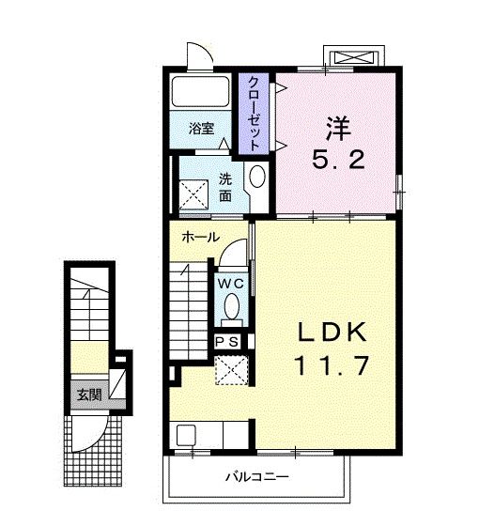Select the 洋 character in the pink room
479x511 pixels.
338,126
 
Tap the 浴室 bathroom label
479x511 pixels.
199,129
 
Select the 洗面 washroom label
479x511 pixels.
226,187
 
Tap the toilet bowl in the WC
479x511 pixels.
231,306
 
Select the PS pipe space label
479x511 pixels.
228,342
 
